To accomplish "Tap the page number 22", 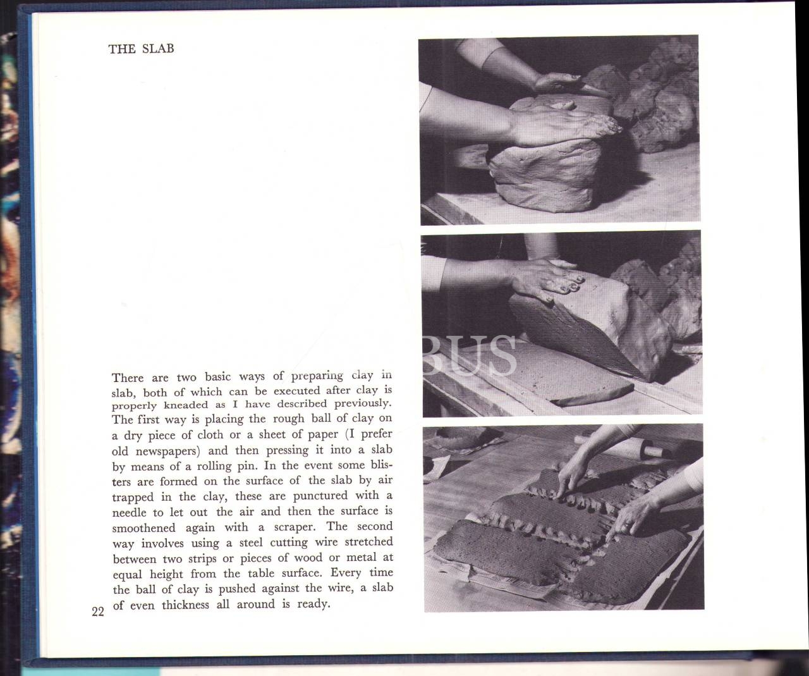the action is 98,611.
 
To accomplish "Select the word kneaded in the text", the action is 186,405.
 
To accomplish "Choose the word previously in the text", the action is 363,403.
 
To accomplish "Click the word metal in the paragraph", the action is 361,557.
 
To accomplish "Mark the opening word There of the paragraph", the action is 128,378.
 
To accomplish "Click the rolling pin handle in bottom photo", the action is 652,451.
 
